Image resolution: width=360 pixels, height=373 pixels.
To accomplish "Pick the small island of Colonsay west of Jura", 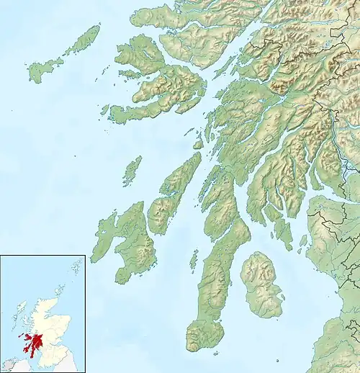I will coord(131,171).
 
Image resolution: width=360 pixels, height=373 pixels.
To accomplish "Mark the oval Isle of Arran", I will coord(261,284).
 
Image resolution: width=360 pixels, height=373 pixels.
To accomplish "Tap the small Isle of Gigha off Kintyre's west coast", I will coord(194,259).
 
